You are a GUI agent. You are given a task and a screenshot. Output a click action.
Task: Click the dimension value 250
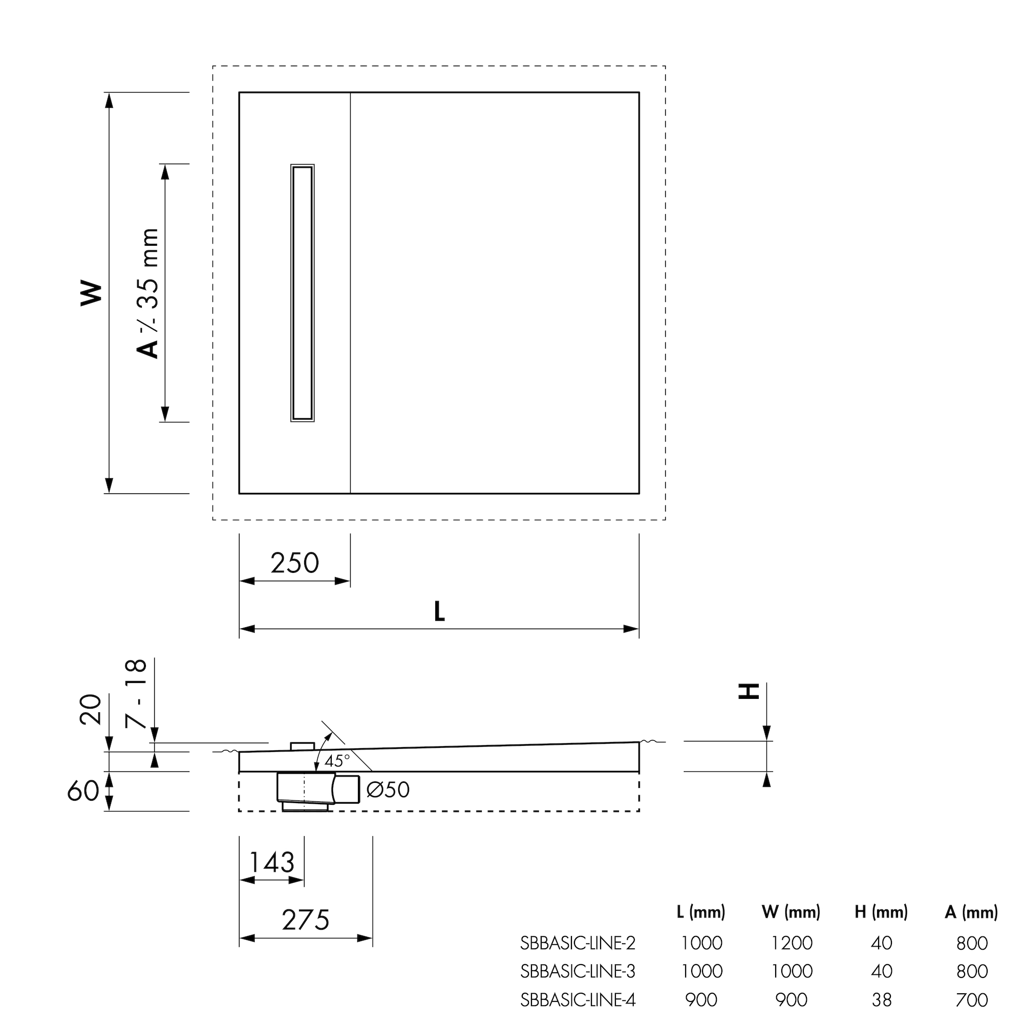tap(295, 563)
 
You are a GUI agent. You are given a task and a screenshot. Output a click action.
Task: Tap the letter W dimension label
tap(91, 292)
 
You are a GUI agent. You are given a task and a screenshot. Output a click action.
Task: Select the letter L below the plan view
tap(439, 612)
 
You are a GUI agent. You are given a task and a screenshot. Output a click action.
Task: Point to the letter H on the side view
tap(749, 691)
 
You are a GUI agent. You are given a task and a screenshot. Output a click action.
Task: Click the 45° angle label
tap(337, 761)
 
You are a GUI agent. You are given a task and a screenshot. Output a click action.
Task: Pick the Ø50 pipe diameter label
tap(388, 790)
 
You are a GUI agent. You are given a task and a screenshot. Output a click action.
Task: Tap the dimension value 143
tap(271, 862)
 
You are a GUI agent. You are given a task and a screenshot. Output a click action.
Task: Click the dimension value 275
tap(305, 920)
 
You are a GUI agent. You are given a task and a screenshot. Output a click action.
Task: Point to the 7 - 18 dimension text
tap(136, 694)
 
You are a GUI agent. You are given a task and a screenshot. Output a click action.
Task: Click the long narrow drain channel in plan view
tap(303, 292)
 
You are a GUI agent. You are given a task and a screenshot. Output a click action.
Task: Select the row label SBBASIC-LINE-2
tap(577, 943)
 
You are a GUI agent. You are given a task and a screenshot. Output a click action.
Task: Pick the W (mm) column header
tap(791, 912)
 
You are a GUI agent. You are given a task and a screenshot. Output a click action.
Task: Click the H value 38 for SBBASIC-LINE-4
tap(882, 999)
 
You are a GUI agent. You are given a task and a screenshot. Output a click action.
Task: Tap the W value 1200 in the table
tap(792, 943)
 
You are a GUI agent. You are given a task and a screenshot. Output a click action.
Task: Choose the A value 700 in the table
tap(972, 999)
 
